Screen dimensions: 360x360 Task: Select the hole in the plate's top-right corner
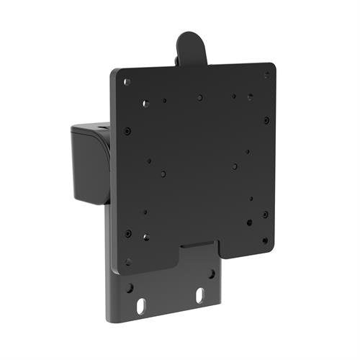point(266,75)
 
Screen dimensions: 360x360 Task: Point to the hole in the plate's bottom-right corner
point(265,240)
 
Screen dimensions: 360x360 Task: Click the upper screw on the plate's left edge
point(127,131)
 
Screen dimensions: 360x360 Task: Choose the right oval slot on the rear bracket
point(200,295)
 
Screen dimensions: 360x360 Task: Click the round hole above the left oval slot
point(130,287)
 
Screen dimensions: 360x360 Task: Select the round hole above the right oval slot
point(212,274)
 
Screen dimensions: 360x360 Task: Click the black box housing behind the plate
point(90,162)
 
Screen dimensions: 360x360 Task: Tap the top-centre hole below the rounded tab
point(199,97)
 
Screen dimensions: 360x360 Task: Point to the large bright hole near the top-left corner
point(145,103)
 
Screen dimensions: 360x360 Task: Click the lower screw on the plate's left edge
point(128,233)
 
